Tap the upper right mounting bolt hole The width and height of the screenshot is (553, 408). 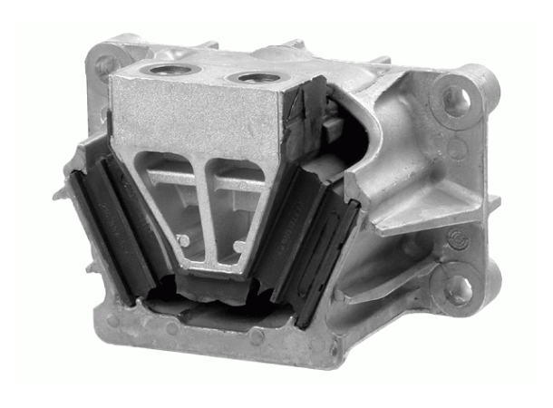pyautogui.click(x=457, y=98)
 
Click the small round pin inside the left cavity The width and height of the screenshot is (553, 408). pyautogui.click(x=184, y=240)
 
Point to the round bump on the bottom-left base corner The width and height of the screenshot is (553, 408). pyautogui.click(x=112, y=320)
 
